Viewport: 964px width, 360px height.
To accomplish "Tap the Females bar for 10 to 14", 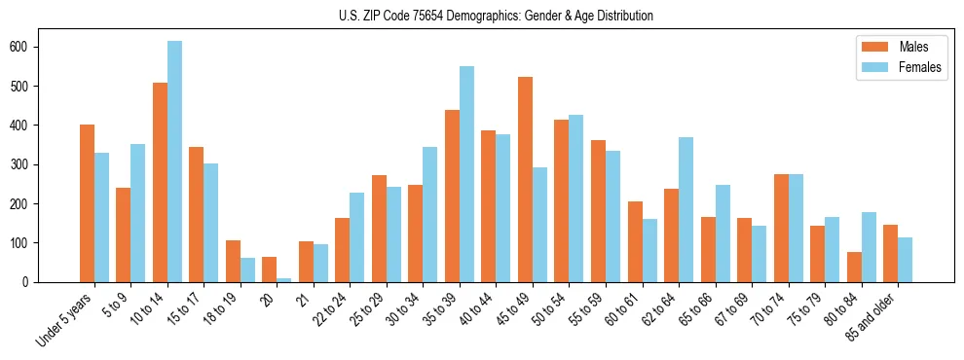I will pyautogui.click(x=174, y=162).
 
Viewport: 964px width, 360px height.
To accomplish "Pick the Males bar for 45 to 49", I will pyautogui.click(x=525, y=179).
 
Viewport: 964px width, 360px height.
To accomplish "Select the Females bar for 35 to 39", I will pyautogui.click(x=466, y=174).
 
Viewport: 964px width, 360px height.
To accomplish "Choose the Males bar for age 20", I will pyautogui.click(x=269, y=270).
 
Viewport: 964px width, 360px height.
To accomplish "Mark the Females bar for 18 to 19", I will pyautogui.click(x=247, y=270).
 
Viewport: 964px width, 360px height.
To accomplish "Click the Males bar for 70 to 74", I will pyautogui.click(x=781, y=228).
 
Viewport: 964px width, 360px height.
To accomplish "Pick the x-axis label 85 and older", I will pyautogui.click(x=867, y=316).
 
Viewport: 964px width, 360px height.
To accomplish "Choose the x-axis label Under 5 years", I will pyautogui.click(x=64, y=318).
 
